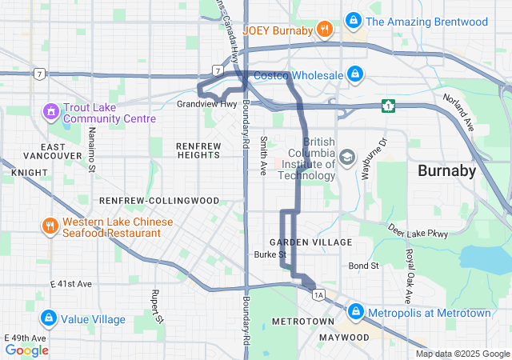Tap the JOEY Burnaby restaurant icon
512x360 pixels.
tap(324, 30)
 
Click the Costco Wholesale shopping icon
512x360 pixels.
tap(355, 75)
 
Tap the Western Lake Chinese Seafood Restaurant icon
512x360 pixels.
tap(50, 226)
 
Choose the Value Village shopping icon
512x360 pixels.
tap(50, 319)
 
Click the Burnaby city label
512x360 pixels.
tap(447, 170)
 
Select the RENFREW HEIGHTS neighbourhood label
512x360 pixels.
tap(197, 150)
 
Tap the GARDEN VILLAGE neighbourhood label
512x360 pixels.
tap(310, 242)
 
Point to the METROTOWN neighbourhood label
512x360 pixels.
tap(302, 321)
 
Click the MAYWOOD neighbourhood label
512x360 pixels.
tap(344, 338)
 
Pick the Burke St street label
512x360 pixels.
tap(270, 254)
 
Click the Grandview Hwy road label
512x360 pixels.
tap(206, 104)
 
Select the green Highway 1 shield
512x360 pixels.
tap(389, 105)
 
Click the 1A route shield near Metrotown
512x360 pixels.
tap(319, 295)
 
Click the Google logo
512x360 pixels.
tap(26, 350)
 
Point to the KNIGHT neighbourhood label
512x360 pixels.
tap(25, 172)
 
